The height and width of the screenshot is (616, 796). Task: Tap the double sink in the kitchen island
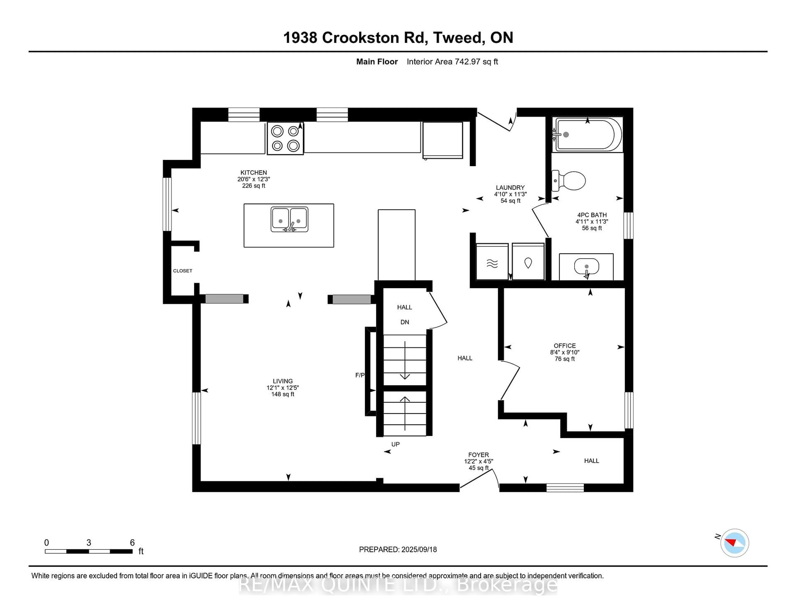pyautogui.click(x=289, y=219)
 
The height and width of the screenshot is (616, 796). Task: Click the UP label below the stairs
pyautogui.click(x=396, y=444)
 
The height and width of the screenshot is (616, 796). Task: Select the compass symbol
pyautogui.click(x=734, y=543)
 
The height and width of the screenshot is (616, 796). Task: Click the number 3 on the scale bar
pyautogui.click(x=89, y=543)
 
